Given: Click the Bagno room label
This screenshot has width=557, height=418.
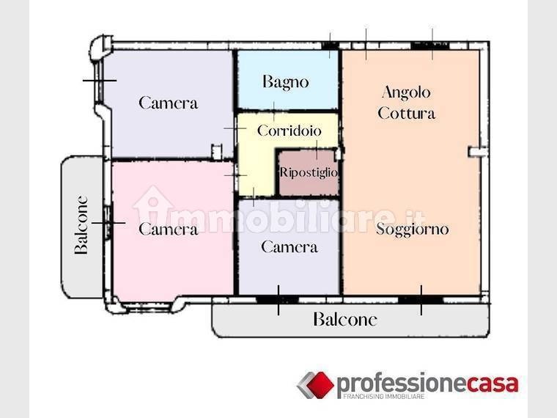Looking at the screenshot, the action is [286, 82].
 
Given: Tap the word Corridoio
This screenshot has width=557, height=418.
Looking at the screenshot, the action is [289, 131].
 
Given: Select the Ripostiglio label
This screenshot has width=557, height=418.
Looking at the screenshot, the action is [309, 172].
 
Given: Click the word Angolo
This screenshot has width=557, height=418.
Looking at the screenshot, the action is [406, 93].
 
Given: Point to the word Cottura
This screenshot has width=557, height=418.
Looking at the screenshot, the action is [406, 114].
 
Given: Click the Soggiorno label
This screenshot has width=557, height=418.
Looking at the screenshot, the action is [413, 230].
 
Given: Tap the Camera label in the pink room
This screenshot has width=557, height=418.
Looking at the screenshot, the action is [168, 229].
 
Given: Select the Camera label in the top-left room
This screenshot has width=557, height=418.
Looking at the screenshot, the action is [168, 103].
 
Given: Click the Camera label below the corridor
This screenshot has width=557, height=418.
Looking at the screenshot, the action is [289, 247].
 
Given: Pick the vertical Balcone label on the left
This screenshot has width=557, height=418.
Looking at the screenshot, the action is [81, 224].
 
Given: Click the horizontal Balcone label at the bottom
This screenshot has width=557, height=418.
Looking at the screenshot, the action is [345, 319].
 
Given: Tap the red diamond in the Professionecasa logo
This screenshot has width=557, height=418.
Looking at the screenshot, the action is [320, 384].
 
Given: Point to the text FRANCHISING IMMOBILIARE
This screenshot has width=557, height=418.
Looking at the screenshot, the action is [383, 396].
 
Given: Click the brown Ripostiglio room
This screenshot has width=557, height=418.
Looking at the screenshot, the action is [308, 173].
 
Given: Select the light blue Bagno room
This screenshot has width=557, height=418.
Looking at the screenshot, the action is [287, 80].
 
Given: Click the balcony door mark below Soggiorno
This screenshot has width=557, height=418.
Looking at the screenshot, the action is [421, 300].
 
